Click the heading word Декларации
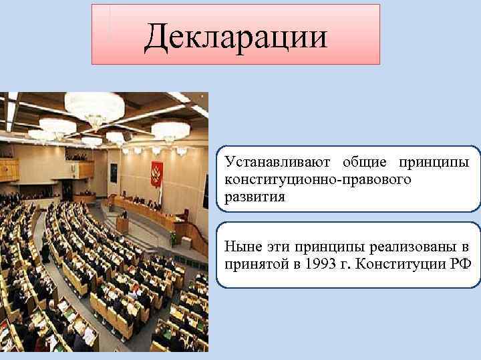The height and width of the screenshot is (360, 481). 236,36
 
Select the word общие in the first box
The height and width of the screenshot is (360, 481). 366,163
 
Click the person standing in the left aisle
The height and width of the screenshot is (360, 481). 45,252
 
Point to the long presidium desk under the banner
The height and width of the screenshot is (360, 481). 150,212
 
